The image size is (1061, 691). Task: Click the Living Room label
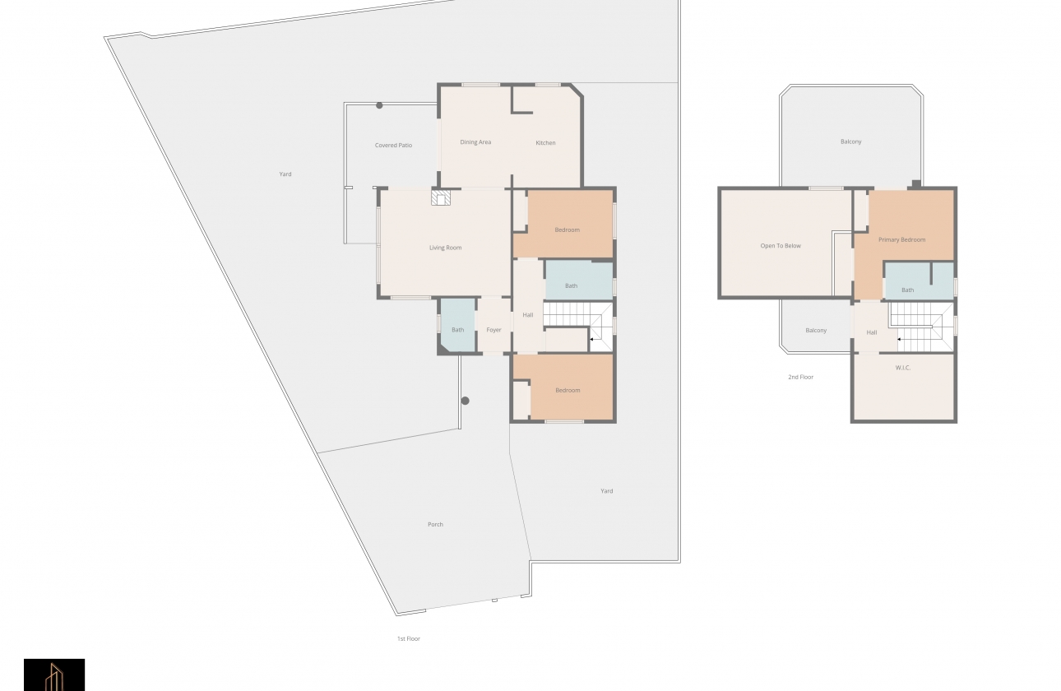(445, 248)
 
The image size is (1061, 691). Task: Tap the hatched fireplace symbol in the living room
(441, 198)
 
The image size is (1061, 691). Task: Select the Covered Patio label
(393, 146)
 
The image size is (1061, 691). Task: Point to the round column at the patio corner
(379, 105)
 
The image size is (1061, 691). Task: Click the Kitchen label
(545, 142)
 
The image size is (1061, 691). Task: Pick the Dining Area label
(475, 142)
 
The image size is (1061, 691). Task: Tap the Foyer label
(493, 330)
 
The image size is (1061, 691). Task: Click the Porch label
(435, 524)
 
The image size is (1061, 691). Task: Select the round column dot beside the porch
(466, 401)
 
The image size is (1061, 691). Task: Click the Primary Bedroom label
(901, 239)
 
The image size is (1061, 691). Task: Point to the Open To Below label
(781, 246)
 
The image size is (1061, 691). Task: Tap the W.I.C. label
(903, 368)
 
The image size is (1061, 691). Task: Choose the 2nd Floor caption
(800, 377)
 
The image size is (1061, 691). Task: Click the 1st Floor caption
(409, 638)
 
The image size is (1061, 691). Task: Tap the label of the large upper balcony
(850, 141)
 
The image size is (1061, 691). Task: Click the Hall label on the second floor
(872, 332)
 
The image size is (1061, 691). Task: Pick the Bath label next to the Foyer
(457, 330)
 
